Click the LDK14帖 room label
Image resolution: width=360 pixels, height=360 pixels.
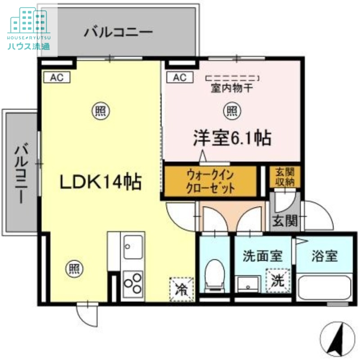101,182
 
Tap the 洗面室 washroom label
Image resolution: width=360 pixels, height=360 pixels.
262,256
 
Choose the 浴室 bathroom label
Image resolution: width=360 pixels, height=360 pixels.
324,256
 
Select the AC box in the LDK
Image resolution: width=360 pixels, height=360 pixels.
57,77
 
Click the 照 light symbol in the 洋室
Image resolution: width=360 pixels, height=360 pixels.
231,110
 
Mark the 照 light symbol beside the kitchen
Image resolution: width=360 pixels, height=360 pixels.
74,270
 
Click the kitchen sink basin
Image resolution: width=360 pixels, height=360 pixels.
133,247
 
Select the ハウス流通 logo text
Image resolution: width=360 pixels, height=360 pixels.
28,46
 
